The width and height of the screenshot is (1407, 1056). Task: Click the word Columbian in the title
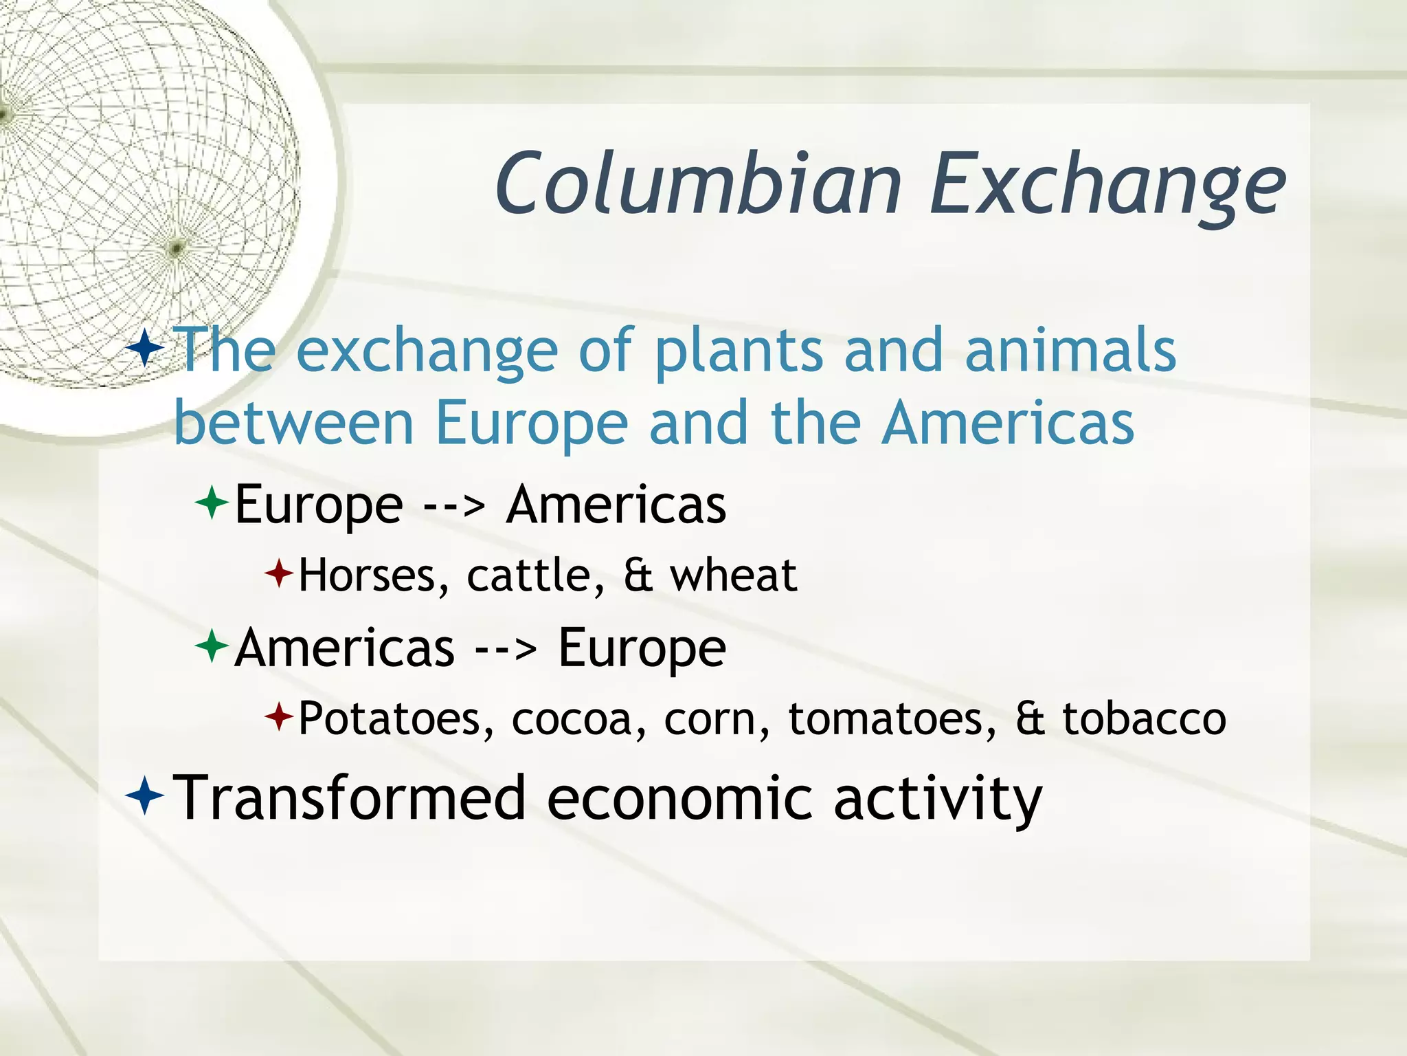click(x=697, y=184)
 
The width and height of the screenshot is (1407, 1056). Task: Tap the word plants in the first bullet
click(x=738, y=351)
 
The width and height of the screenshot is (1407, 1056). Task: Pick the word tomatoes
click(x=891, y=718)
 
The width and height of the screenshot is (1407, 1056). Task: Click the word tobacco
click(x=1144, y=718)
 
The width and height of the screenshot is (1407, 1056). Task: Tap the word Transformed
click(x=348, y=798)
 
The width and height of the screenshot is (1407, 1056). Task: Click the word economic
click(x=678, y=798)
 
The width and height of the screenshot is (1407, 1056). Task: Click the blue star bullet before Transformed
click(x=145, y=796)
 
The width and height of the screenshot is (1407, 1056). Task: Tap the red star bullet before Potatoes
click(x=279, y=718)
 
